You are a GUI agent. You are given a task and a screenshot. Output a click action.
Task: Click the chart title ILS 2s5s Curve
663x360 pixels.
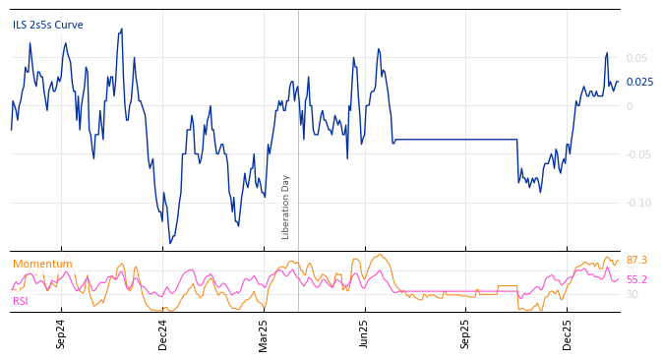[48, 26]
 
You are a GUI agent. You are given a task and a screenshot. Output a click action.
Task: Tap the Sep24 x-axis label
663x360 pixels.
[61, 334]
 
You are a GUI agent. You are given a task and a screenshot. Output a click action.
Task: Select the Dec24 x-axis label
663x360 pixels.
[163, 334]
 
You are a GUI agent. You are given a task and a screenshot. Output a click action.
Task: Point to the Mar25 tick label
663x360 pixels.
[264, 334]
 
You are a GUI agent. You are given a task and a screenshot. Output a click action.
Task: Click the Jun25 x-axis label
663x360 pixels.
[365, 334]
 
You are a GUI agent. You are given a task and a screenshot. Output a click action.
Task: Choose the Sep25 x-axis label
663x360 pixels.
[466, 334]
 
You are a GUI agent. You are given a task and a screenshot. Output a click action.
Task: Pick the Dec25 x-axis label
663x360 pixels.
[568, 334]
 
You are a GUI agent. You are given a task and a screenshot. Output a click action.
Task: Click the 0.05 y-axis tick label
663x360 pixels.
[637, 59]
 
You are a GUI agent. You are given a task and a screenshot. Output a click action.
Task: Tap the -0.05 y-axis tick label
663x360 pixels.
[635, 154]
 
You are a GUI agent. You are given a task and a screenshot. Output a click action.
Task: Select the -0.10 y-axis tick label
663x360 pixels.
[635, 203]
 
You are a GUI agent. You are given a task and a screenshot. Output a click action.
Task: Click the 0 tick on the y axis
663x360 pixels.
[630, 106]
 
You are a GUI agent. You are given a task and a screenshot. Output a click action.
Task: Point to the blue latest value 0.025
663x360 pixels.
[639, 83]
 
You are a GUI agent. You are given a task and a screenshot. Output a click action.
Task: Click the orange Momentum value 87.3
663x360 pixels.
[636, 260]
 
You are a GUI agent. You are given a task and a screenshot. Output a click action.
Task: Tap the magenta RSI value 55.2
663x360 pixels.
[636, 279]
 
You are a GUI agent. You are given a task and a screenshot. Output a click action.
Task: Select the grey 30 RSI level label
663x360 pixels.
[633, 294]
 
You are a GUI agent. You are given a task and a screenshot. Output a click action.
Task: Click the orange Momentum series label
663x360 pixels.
[42, 265]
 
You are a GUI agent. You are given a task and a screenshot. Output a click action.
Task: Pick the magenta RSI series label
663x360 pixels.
[21, 301]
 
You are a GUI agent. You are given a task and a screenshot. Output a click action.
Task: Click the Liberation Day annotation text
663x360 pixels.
[286, 207]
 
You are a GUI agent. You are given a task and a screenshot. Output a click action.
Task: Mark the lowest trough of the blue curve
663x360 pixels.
[169, 242]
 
